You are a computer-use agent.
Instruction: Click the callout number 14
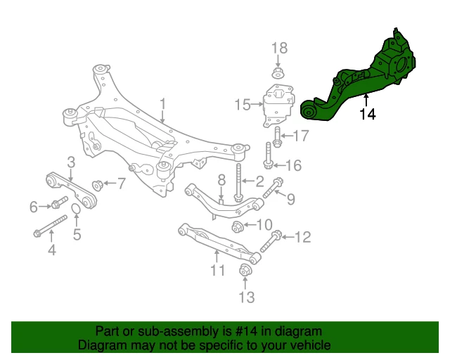pyautogui.click(x=367, y=115)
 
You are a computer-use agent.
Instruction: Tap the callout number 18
pyautogui.click(x=279, y=48)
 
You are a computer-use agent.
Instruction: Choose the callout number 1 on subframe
pyautogui.click(x=162, y=105)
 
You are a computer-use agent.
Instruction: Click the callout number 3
pyautogui.click(x=70, y=162)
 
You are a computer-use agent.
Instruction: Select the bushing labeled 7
pyautogui.click(x=98, y=185)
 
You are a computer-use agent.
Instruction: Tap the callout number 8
pyautogui.click(x=220, y=179)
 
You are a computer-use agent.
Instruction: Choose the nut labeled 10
pyautogui.click(x=238, y=226)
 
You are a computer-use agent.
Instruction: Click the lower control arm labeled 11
pyautogui.click(x=218, y=243)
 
